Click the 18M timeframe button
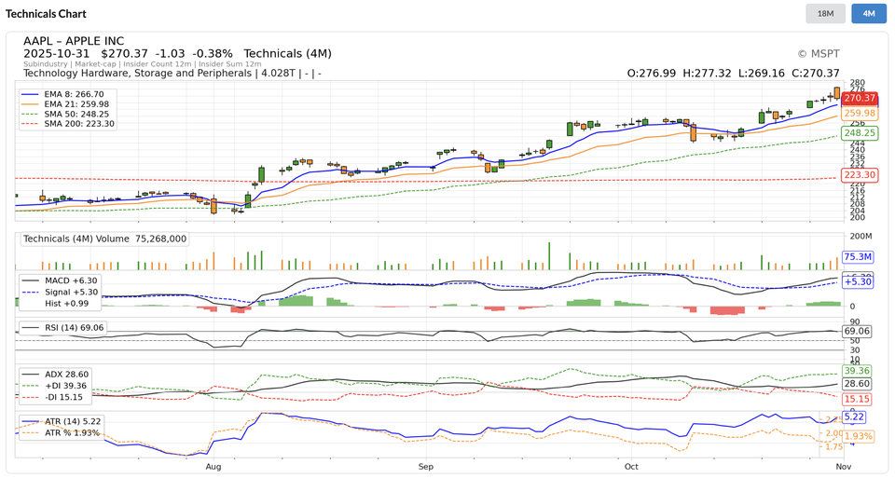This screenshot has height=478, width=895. click(x=825, y=14)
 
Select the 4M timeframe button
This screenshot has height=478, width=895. click(x=868, y=14)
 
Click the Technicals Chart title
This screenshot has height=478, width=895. click(x=46, y=14)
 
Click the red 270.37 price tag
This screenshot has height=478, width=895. click(x=859, y=98)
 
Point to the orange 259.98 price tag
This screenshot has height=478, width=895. click(x=859, y=113)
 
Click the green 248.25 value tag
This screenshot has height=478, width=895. click(x=859, y=133)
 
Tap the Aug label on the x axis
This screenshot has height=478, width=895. click(x=213, y=465)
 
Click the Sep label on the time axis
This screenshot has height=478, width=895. click(x=426, y=465)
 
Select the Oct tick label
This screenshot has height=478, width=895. click(x=632, y=465)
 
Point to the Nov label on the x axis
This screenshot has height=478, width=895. click(x=843, y=465)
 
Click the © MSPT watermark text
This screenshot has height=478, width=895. click(x=818, y=54)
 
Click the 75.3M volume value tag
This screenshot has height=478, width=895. click(x=857, y=256)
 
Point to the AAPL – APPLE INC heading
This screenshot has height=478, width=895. click(x=74, y=41)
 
